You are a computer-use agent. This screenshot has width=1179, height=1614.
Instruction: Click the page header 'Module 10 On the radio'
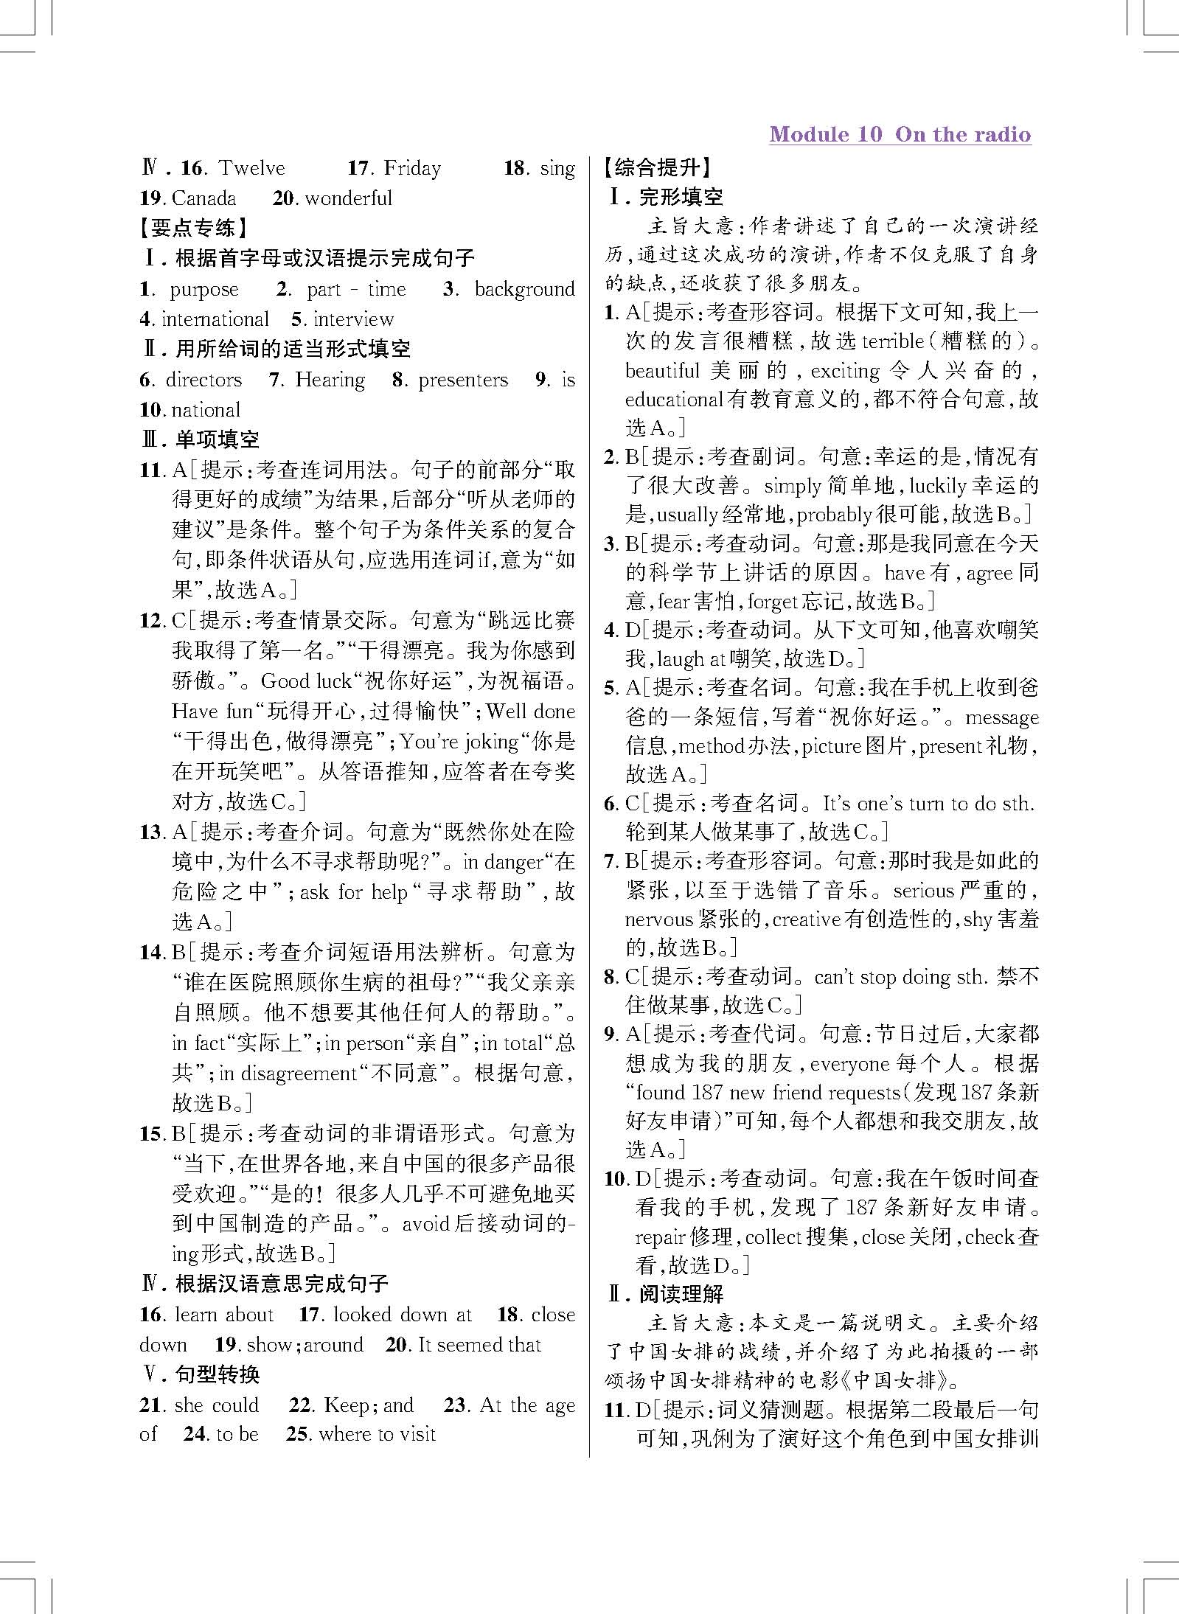click(x=900, y=134)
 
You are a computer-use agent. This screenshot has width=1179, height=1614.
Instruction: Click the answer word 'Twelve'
click(x=251, y=168)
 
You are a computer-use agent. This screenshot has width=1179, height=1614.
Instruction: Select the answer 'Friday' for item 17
click(x=412, y=168)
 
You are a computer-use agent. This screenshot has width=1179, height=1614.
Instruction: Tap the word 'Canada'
click(x=204, y=198)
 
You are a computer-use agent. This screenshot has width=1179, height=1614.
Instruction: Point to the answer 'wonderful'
click(x=348, y=198)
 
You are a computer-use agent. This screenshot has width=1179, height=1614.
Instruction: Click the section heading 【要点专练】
click(x=193, y=228)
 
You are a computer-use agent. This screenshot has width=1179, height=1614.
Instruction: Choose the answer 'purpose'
click(x=204, y=290)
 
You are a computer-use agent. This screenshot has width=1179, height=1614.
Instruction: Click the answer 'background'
click(x=524, y=290)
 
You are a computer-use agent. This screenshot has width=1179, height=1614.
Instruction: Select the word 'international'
click(x=215, y=319)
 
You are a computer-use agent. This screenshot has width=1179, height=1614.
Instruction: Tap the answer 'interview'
click(x=353, y=319)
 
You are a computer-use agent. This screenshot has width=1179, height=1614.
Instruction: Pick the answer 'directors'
click(x=204, y=380)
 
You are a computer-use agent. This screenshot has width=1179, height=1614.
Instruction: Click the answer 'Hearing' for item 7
click(x=330, y=380)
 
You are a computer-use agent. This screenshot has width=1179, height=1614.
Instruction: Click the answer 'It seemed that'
click(x=479, y=1344)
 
